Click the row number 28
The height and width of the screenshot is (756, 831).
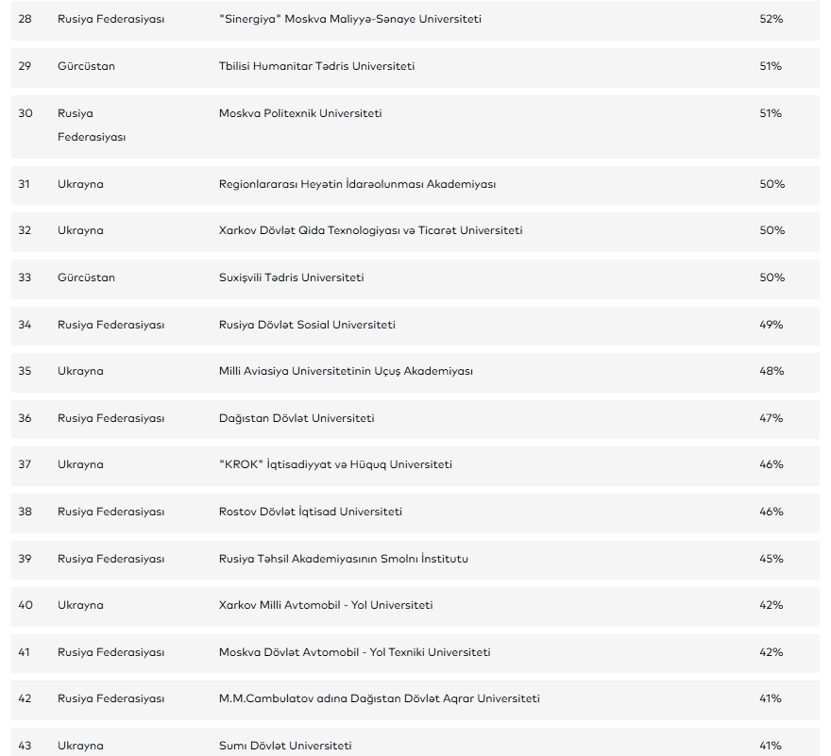pos(25,19)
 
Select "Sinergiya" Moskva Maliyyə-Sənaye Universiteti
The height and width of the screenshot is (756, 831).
pos(349,19)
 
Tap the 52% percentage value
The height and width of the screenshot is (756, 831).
pos(772,19)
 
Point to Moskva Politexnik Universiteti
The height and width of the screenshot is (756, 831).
pos(300,113)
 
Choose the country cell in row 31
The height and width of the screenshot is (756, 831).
pos(80,184)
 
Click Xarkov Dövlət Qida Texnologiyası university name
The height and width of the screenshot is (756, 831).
pos(370,231)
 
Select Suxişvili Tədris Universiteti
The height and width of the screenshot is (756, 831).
pos(292,277)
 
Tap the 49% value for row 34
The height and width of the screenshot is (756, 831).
pos(772,325)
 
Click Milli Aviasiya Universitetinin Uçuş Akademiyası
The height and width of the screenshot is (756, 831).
pos(346,371)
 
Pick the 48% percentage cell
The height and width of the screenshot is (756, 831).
pos(772,371)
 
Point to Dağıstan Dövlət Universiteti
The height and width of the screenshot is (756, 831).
pos(297,418)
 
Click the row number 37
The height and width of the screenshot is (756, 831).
pos(25,464)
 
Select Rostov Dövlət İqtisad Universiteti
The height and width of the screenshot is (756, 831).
pos(311,512)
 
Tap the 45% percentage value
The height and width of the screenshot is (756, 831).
pos(772,559)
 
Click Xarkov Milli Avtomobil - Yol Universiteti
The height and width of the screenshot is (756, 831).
pos(326,605)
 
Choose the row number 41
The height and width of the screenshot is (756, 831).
pos(25,652)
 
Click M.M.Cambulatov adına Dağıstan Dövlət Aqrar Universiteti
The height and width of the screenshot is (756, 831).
pos(380,698)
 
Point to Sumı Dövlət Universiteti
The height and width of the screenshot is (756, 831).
pos(285,746)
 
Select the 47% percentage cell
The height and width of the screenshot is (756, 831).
pos(772,418)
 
